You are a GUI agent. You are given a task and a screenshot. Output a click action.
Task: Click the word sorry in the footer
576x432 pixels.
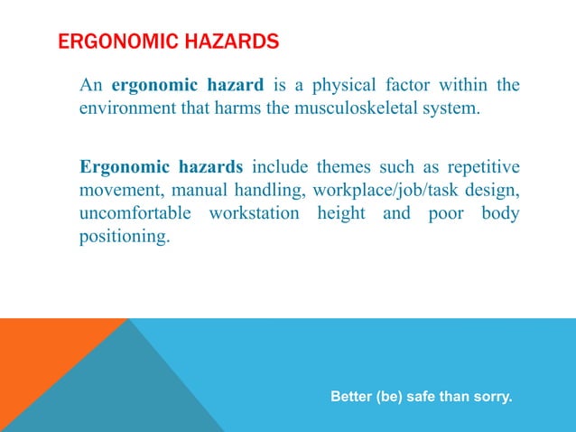pyautogui.click(x=493, y=396)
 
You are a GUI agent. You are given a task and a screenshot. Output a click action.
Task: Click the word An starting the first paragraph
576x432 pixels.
pyautogui.click(x=90, y=86)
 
